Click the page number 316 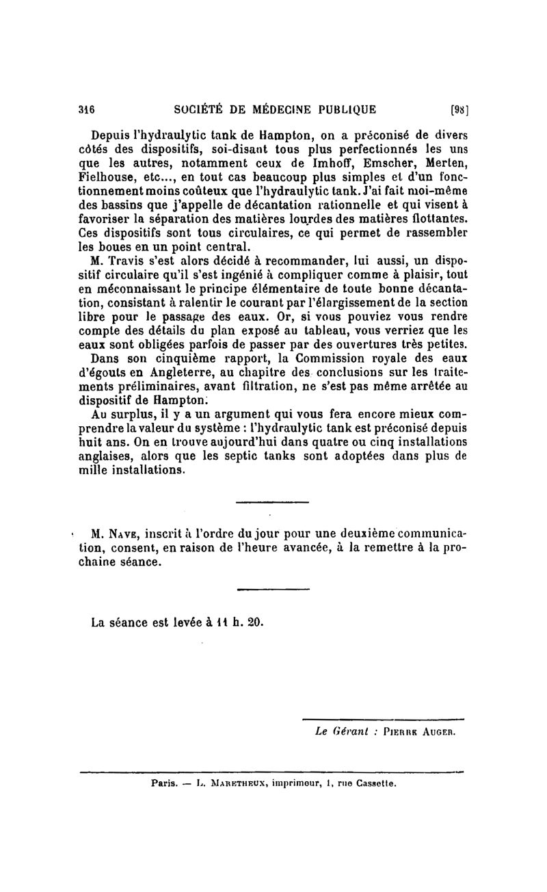86,109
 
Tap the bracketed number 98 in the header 458,109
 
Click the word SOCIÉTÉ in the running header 200,109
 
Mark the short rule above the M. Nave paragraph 273,503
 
